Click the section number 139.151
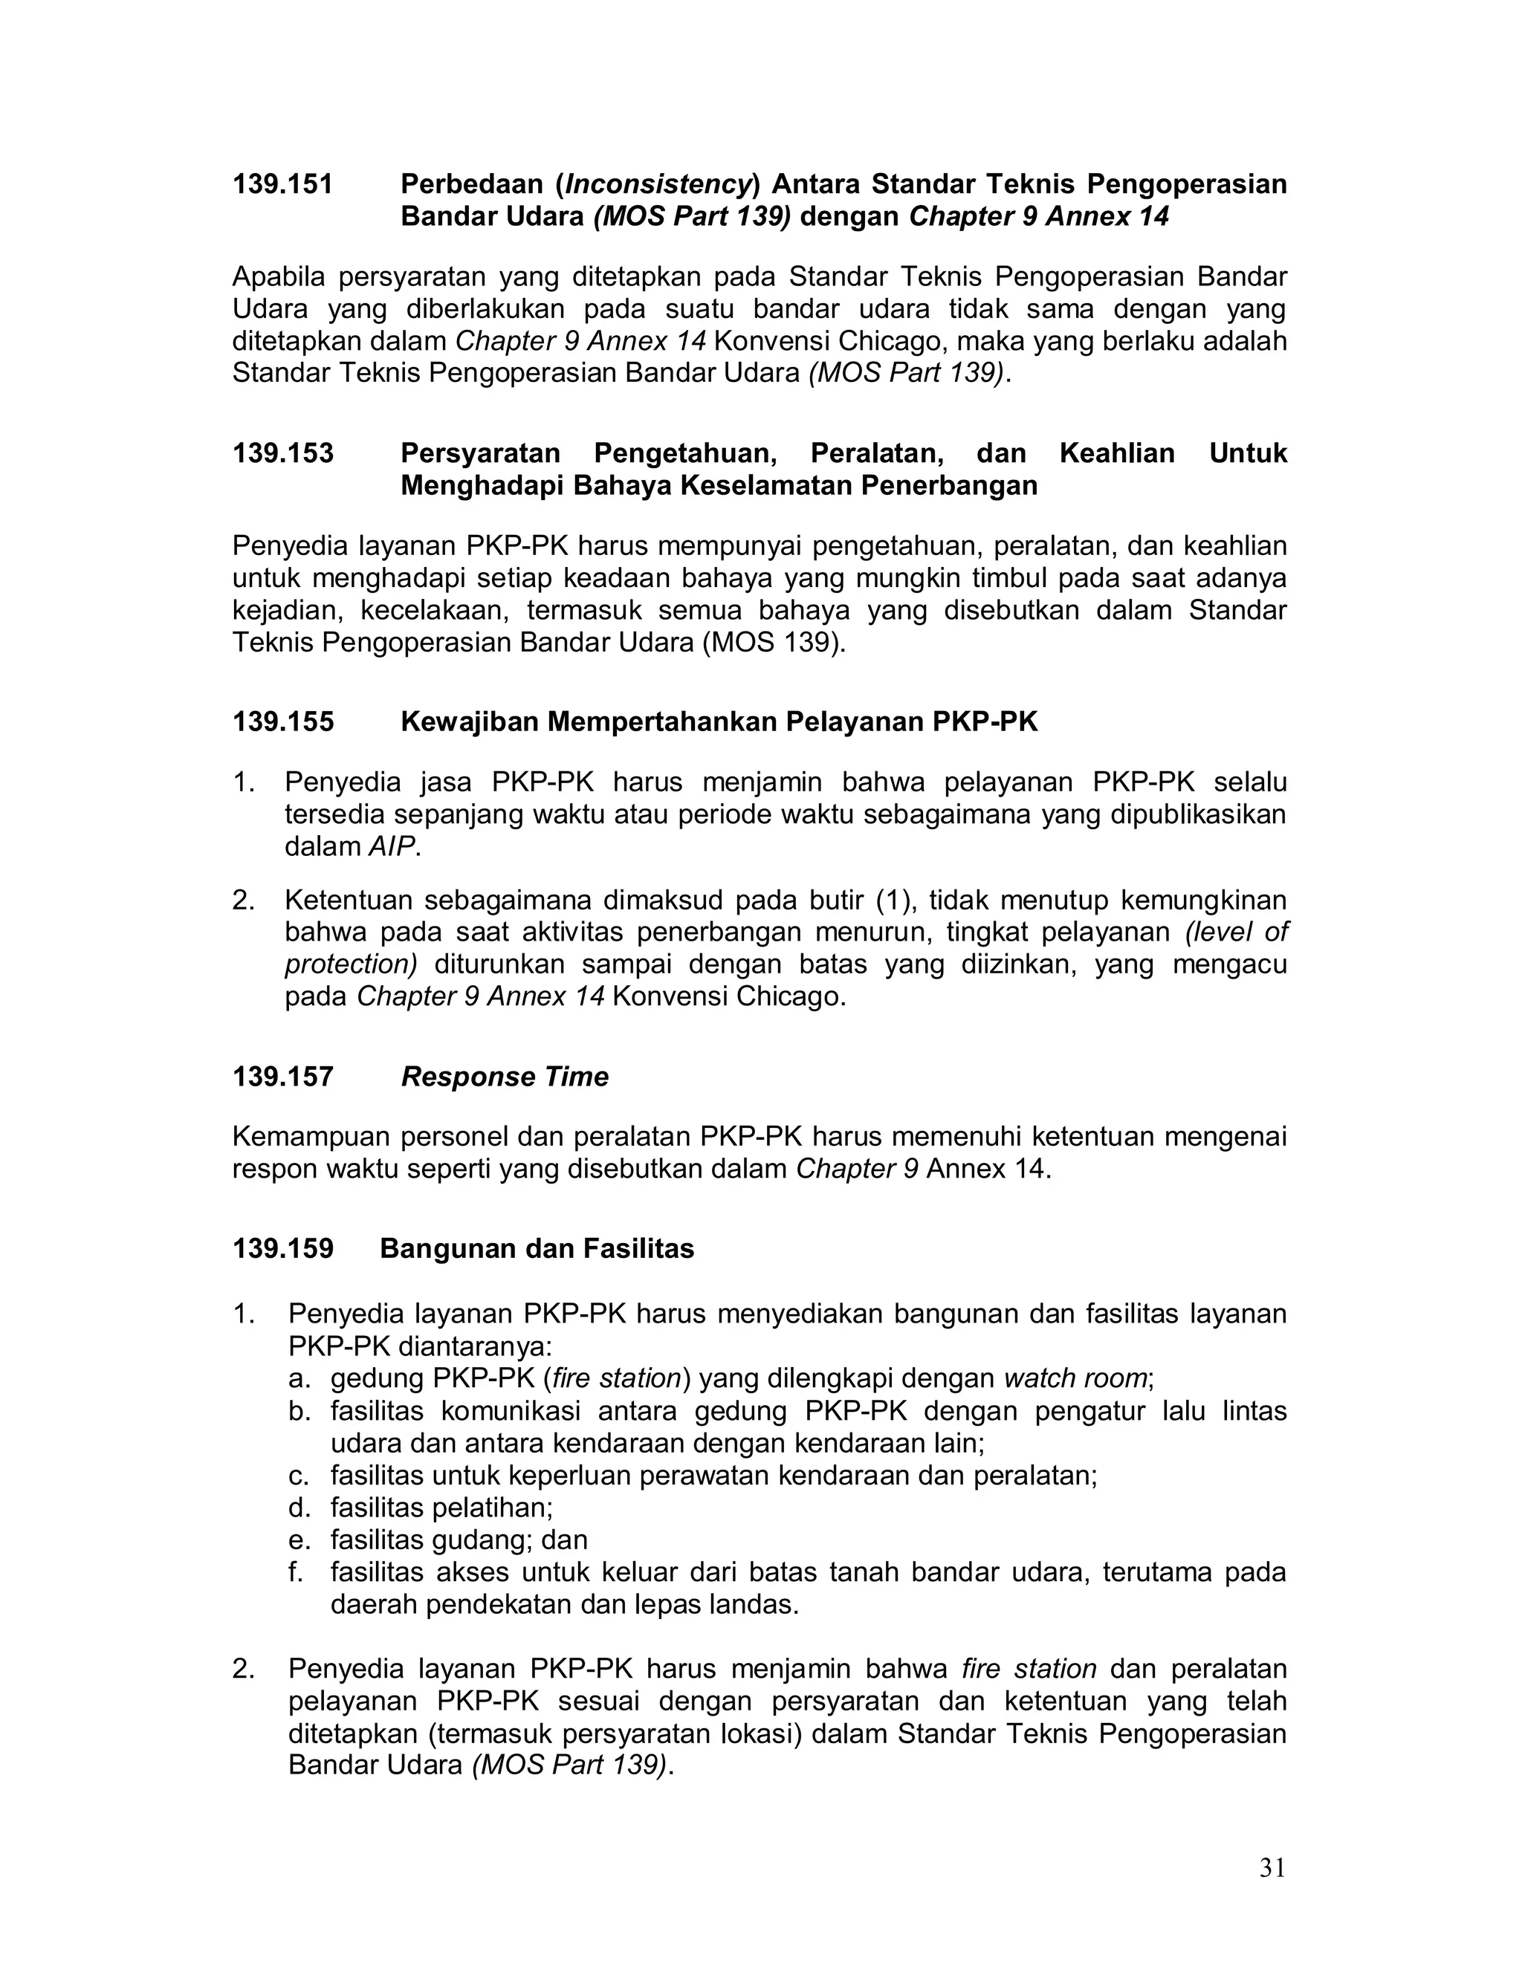282,184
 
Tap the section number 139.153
282,452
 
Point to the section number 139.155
282,721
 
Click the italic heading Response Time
504,1077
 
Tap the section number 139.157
282,1077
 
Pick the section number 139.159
282,1249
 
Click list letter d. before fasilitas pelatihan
299,1508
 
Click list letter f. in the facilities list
296,1572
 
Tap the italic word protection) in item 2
351,964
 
